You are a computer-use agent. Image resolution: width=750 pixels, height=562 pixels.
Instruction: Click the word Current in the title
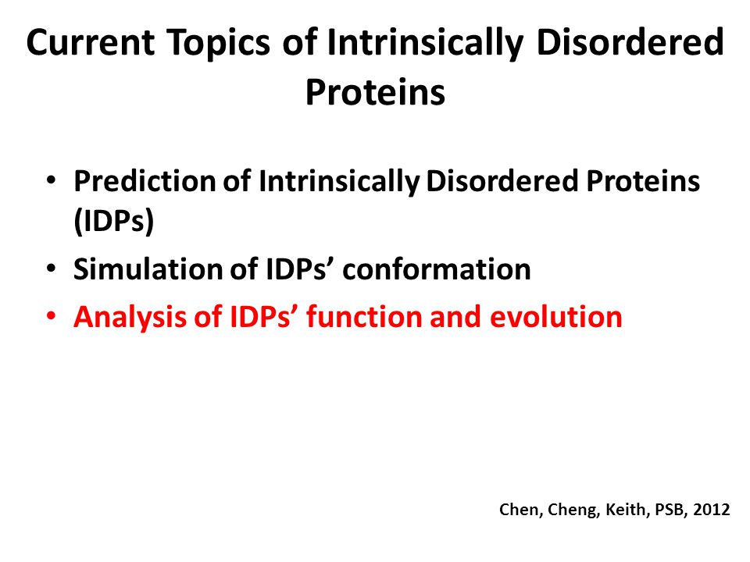click(91, 42)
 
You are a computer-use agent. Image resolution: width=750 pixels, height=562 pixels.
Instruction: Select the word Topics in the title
click(219, 44)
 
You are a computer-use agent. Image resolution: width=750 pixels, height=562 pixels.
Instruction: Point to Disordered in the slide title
click(630, 42)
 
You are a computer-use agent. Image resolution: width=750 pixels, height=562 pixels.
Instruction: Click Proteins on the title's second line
click(376, 92)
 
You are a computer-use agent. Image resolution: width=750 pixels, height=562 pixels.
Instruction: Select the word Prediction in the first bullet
click(145, 182)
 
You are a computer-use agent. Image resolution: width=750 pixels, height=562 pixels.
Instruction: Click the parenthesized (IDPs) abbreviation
click(114, 221)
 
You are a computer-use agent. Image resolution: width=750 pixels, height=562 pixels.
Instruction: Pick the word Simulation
click(148, 269)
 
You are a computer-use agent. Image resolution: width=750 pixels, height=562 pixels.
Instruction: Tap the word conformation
click(437, 269)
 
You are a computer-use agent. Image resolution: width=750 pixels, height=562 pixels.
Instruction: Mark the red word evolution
click(555, 317)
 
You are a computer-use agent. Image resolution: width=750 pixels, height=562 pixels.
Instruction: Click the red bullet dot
click(52, 317)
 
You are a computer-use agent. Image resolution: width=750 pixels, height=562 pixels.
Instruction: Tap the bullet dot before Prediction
click(52, 181)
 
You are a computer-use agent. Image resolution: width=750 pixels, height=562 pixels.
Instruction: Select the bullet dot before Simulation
click(52, 269)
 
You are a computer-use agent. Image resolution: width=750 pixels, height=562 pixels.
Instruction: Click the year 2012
click(712, 510)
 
